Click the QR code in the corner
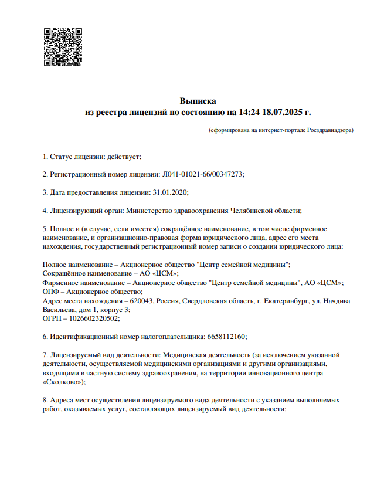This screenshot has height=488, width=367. (x=63, y=46)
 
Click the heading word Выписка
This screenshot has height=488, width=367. (x=198, y=101)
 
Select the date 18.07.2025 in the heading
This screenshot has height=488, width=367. (x=284, y=111)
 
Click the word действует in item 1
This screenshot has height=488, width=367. (x=124, y=157)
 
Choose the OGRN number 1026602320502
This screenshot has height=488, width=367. (x=95, y=318)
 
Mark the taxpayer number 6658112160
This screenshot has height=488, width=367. (x=227, y=337)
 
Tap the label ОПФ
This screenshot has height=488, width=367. (x=52, y=292)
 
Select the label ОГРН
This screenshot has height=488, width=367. (x=53, y=318)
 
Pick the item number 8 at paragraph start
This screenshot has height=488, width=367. (x=45, y=400)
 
